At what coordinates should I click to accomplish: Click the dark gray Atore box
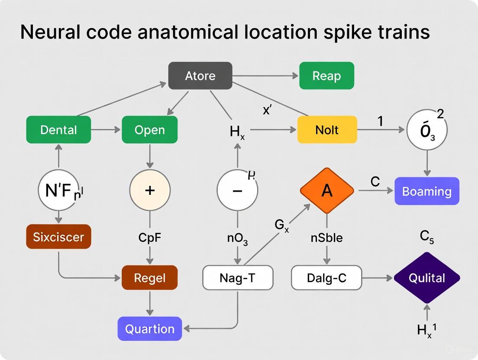[200, 76]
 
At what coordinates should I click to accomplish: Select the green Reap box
[326, 76]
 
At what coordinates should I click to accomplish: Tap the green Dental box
[58, 129]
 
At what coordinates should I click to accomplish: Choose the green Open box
[149, 129]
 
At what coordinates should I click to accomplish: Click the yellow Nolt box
[327, 129]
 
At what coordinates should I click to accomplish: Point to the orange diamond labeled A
[327, 190]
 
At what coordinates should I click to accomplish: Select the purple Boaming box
[426, 191]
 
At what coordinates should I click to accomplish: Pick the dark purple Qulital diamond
[426, 278]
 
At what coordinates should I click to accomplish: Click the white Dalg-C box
[326, 278]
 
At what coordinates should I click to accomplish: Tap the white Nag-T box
[238, 278]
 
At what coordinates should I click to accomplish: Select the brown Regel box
[149, 278]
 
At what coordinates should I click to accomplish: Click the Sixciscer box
[58, 237]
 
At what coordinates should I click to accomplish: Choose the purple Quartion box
[149, 328]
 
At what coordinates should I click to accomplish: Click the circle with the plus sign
[150, 190]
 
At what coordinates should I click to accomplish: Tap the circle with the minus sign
[237, 190]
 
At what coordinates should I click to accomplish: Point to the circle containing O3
[427, 129]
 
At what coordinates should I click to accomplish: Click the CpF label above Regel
[150, 238]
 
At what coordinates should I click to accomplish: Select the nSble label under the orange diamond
[327, 238]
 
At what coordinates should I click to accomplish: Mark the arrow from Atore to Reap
[265, 76]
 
